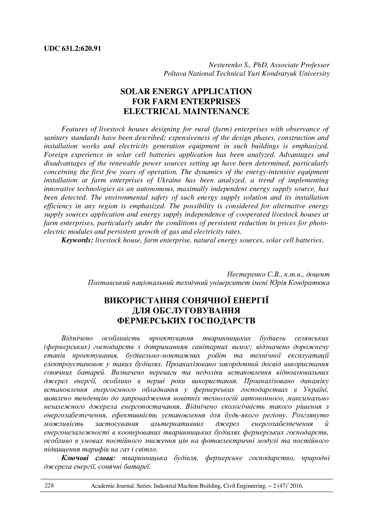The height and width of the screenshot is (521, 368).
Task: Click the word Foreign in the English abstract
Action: (56, 155)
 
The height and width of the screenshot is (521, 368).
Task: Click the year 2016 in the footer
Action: (296, 486)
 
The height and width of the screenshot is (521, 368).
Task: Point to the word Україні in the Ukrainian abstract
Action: (316, 389)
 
